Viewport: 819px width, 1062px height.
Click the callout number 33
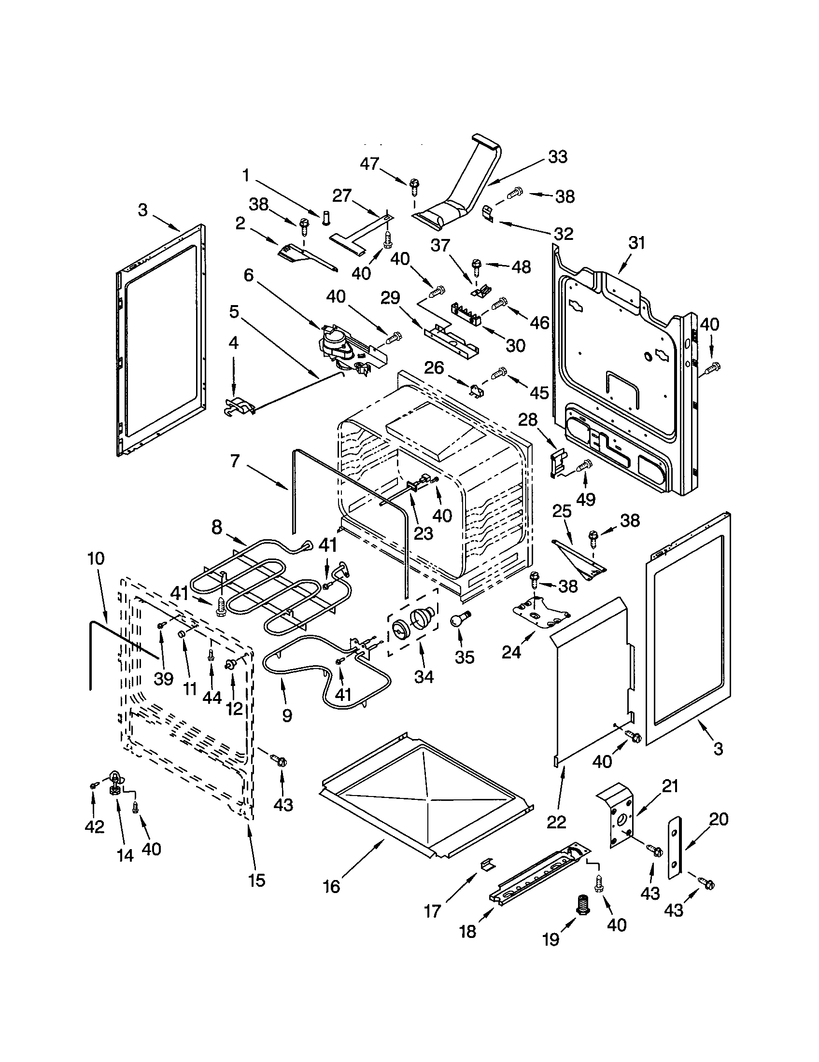coord(557,157)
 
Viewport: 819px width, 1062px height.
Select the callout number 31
coord(636,243)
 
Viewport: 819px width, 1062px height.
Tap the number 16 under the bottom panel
coord(331,887)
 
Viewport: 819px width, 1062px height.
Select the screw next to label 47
coord(414,185)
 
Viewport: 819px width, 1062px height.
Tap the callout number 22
coord(556,821)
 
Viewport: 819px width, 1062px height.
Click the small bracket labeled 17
coord(487,865)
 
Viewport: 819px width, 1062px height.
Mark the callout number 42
coord(94,826)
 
